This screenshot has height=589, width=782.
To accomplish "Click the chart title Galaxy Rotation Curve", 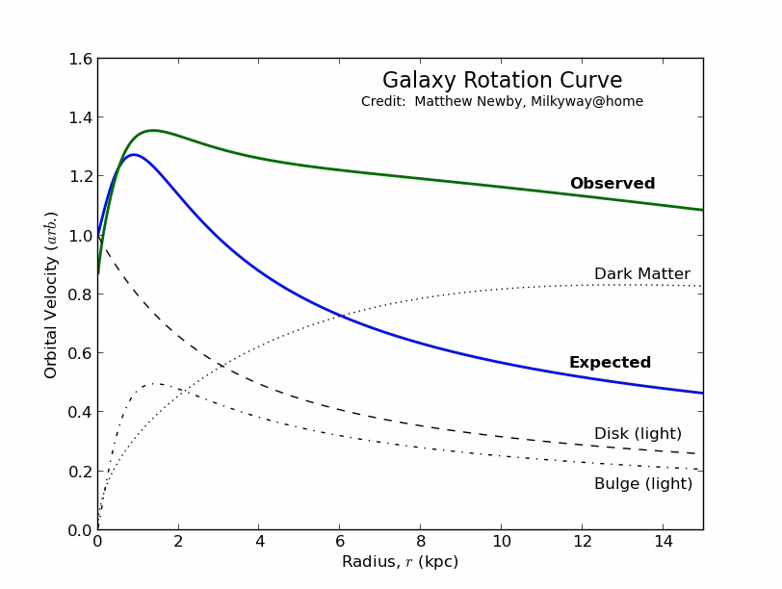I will coord(502,81).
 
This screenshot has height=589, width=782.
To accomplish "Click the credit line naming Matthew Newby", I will coord(502,102).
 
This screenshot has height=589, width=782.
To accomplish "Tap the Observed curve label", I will coord(612,184).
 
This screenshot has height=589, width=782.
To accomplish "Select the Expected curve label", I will coord(610,363).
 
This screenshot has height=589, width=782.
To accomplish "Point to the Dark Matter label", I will coord(641,274).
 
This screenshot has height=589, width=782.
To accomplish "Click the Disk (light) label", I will coord(638,434).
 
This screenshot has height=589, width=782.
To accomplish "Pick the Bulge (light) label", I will coord(642,484).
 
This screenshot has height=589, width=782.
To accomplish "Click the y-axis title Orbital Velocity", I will coord(51,294).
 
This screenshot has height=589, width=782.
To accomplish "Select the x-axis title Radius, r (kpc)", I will coord(400,562).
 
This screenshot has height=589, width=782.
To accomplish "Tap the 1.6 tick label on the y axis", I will coord(81,60).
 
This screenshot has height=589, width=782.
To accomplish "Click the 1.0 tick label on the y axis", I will coord(81,236).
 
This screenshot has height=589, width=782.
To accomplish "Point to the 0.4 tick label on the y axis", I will coord(81,412).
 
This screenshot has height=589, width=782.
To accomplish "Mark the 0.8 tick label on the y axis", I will coord(81,294).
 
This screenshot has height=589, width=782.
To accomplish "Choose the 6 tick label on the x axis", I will coord(339,543).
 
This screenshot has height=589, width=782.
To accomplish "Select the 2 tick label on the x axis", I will coord(177,543).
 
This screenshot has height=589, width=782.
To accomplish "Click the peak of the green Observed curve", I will coord(152,130).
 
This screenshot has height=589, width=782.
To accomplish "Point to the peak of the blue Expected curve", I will coord(133,154).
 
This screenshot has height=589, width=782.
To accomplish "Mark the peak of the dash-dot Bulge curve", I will coord(154,383).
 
